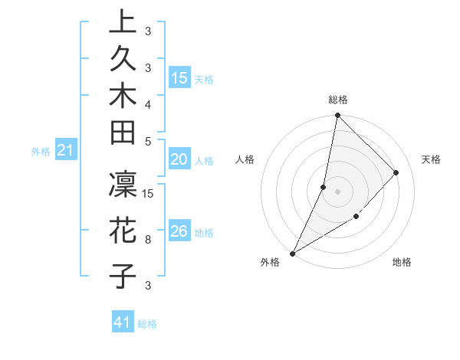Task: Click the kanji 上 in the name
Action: pos(123,21)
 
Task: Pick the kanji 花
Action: pos(123,229)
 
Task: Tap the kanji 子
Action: pos(123,275)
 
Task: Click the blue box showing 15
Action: pos(179,77)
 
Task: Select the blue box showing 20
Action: pos(179,159)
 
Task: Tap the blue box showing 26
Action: pos(179,231)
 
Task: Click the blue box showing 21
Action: pos(66,151)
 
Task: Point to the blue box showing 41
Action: pos(123,322)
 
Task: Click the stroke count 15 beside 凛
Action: pos(149,193)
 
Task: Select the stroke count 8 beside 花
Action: pos(148,239)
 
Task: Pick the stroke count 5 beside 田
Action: pos(148,142)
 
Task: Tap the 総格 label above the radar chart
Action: pos(338,100)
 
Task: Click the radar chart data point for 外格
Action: pos(293,253)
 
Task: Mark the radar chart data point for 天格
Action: pos(396,173)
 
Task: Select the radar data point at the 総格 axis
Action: pos(337,116)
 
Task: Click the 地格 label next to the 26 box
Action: pos(205,232)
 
